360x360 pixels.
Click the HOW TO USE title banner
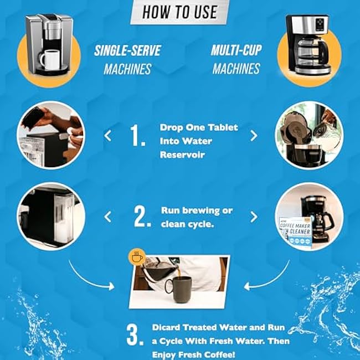click(x=180, y=12)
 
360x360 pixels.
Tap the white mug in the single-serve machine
click(x=50, y=60)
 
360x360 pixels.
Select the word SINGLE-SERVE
click(x=127, y=50)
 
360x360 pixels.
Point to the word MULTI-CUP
click(x=236, y=50)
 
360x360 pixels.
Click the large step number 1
click(x=138, y=136)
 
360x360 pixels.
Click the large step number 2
click(x=142, y=217)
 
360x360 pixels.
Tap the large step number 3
click(x=135, y=335)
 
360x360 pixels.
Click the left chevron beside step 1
click(x=107, y=136)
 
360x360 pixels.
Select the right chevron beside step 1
click(x=254, y=136)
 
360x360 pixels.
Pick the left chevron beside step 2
click(x=107, y=217)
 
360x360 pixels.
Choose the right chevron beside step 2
click(x=254, y=217)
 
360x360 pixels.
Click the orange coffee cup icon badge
click(x=137, y=256)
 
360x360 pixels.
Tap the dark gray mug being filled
click(x=179, y=289)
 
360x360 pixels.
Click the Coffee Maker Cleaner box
click(x=296, y=232)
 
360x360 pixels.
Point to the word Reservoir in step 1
click(x=182, y=155)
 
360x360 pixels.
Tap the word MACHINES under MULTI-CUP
click(x=236, y=69)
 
